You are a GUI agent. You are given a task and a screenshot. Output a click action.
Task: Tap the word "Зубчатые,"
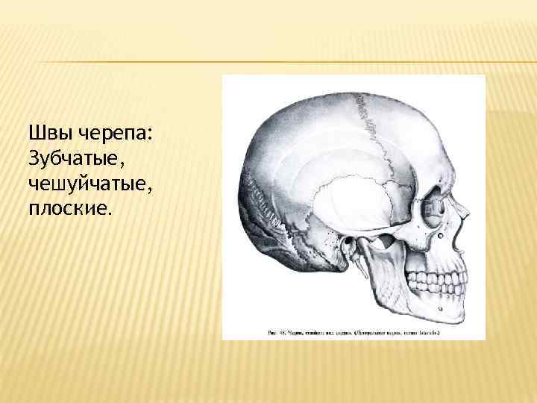coord(70,158)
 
